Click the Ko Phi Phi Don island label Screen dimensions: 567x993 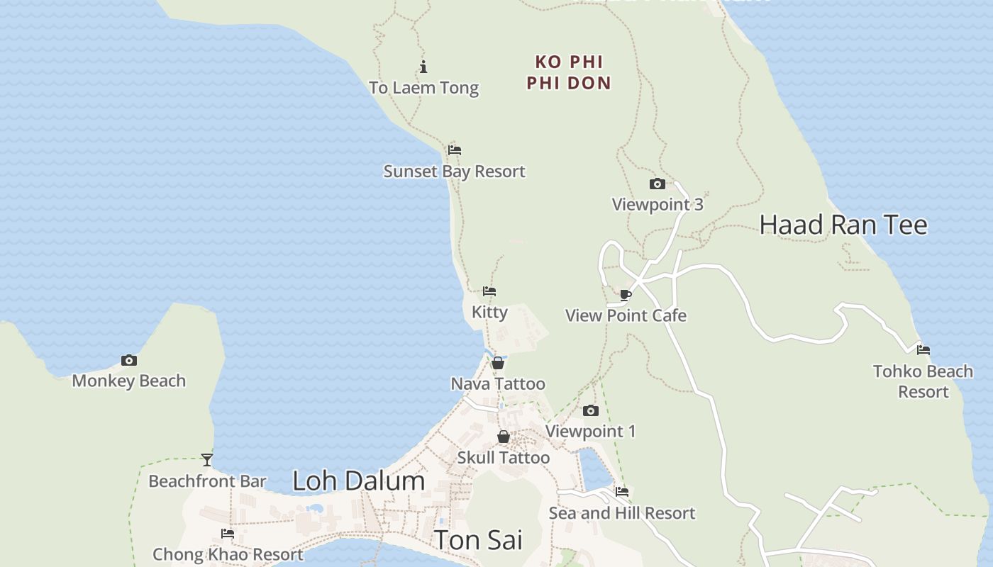point(569,72)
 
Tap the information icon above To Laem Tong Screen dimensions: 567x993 point(423,67)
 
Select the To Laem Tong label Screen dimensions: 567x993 point(423,88)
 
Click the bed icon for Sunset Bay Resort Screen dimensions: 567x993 point(455,150)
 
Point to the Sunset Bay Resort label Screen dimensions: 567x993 point(454,172)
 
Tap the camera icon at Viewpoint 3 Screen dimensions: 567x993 point(658,184)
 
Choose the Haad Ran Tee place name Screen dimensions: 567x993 point(843,225)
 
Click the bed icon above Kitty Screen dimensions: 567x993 point(489,291)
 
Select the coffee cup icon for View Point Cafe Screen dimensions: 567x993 point(626,295)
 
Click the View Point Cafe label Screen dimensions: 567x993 point(626,315)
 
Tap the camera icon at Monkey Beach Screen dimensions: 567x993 point(128,361)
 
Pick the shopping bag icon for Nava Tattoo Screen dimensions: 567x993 point(499,364)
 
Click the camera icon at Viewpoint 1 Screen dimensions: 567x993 point(590,411)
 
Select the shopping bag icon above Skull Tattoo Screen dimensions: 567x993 point(504,437)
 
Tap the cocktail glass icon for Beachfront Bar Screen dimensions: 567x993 point(207,460)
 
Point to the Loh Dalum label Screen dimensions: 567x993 point(358,481)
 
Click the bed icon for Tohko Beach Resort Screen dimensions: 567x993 point(923,349)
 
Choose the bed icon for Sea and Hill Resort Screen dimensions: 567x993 point(622,492)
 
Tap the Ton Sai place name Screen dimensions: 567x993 point(478,540)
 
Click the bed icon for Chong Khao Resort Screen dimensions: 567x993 point(228,534)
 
